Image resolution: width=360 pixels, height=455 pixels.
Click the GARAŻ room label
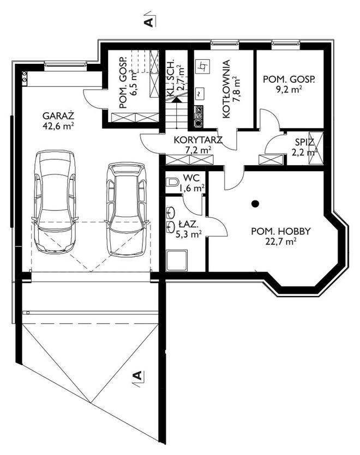click(58, 116)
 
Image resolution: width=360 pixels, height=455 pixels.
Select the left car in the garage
click(55, 202)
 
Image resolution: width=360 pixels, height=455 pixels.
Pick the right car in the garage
click(127, 210)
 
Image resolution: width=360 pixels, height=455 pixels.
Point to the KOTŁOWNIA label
click(226, 89)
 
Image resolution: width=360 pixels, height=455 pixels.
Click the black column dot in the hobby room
click(255, 204)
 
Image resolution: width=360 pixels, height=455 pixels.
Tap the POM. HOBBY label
click(281, 231)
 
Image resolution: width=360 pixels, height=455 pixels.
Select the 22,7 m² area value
click(281, 241)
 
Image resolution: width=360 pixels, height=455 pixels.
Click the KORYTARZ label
click(198, 140)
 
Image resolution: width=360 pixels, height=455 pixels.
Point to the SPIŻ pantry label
click(304, 142)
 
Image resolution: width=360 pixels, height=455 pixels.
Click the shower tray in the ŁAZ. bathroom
click(177, 260)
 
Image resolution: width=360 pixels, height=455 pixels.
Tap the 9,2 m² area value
click(289, 89)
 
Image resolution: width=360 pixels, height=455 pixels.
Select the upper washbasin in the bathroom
click(170, 212)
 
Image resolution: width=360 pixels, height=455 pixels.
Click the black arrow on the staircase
click(176, 100)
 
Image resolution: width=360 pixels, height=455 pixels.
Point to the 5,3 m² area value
click(189, 234)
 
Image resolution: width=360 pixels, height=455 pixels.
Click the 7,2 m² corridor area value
click(198, 150)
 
